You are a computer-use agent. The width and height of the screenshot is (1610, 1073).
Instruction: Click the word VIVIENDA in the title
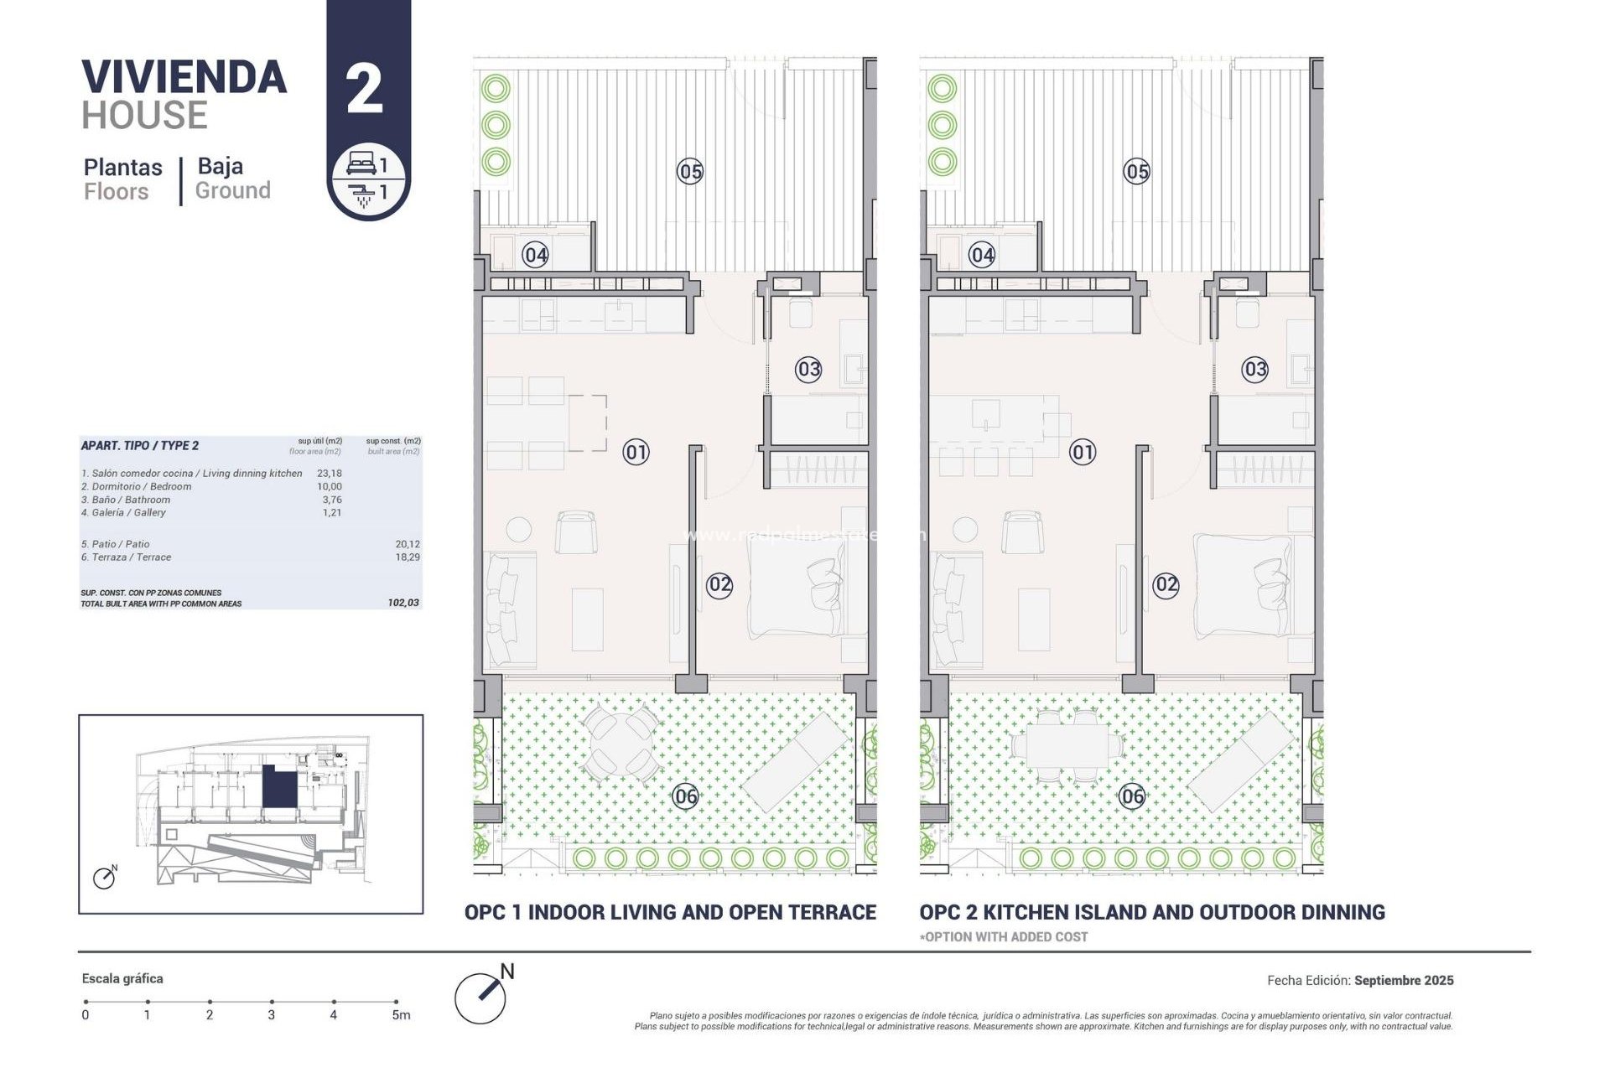[184, 77]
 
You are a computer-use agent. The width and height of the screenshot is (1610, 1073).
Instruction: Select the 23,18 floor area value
[329, 474]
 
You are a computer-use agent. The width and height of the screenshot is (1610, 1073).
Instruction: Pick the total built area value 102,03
[403, 603]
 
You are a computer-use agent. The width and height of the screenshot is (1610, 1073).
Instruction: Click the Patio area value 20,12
[408, 544]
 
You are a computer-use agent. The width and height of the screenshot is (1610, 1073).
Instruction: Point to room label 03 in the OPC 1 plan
[808, 369]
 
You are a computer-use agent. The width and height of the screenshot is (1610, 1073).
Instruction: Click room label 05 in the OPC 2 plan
[1136, 172]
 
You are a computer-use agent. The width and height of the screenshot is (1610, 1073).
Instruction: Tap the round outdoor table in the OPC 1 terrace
[620, 742]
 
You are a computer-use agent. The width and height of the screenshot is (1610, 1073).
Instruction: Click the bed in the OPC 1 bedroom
[797, 584]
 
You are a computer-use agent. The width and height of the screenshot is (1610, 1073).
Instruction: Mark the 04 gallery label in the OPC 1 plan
[535, 255]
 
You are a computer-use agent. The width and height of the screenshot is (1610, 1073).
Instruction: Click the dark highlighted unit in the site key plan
[279, 786]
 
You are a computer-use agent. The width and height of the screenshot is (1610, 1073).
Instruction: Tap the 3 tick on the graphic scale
[272, 1002]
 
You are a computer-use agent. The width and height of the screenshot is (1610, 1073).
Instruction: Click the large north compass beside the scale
[481, 997]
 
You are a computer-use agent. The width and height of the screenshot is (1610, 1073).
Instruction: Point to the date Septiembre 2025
[1404, 980]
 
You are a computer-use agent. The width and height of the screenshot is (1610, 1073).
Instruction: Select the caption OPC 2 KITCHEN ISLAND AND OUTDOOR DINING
[1151, 912]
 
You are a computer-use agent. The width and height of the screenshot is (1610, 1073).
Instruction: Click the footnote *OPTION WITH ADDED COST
[1004, 937]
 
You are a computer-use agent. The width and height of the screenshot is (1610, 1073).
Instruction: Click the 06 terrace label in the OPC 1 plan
[685, 796]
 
